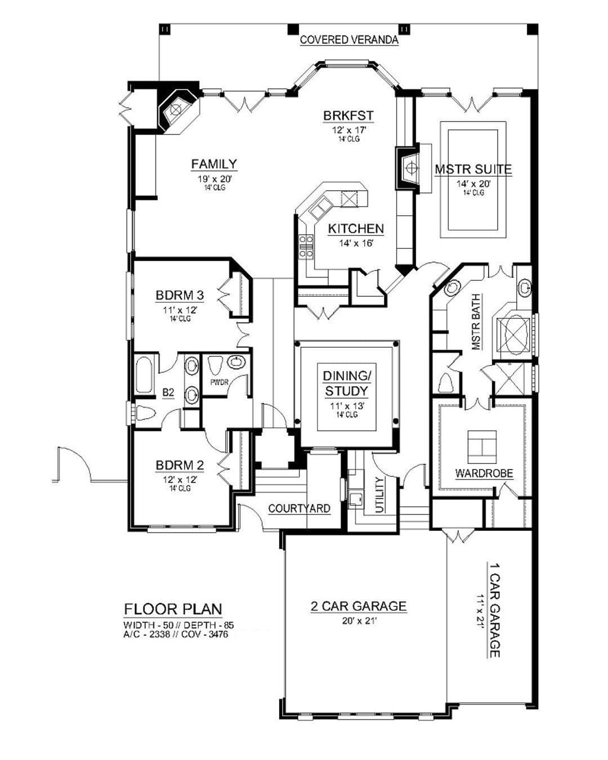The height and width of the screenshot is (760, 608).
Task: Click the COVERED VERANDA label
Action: pyautogui.click(x=348, y=39)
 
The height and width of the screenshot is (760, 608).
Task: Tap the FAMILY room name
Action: pyautogui.click(x=214, y=164)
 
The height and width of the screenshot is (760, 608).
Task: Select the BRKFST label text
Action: pyautogui.click(x=348, y=115)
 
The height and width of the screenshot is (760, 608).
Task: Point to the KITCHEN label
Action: pyautogui.click(x=356, y=229)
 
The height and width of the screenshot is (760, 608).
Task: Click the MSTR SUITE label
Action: pyautogui.click(x=473, y=169)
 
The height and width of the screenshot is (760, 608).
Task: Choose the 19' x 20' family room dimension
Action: pyautogui.click(x=214, y=178)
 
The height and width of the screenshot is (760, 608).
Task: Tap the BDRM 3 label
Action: pyautogui.click(x=180, y=295)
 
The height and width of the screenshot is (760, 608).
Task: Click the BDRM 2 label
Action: pyautogui.click(x=180, y=465)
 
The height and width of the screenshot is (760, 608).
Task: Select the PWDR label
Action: pyautogui.click(x=220, y=382)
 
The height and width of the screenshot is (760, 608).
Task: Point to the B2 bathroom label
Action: pyautogui.click(x=168, y=393)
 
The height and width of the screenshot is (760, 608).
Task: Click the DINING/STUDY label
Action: pyautogui.click(x=347, y=383)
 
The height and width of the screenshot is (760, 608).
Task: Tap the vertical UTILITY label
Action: pyautogui.click(x=379, y=495)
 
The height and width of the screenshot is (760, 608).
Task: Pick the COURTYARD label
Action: pyautogui.click(x=299, y=508)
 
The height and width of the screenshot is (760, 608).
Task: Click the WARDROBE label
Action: pyautogui.click(x=484, y=473)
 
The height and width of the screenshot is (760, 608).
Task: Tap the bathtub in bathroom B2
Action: pyautogui.click(x=144, y=375)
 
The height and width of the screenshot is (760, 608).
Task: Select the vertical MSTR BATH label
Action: pyautogui.click(x=476, y=321)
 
